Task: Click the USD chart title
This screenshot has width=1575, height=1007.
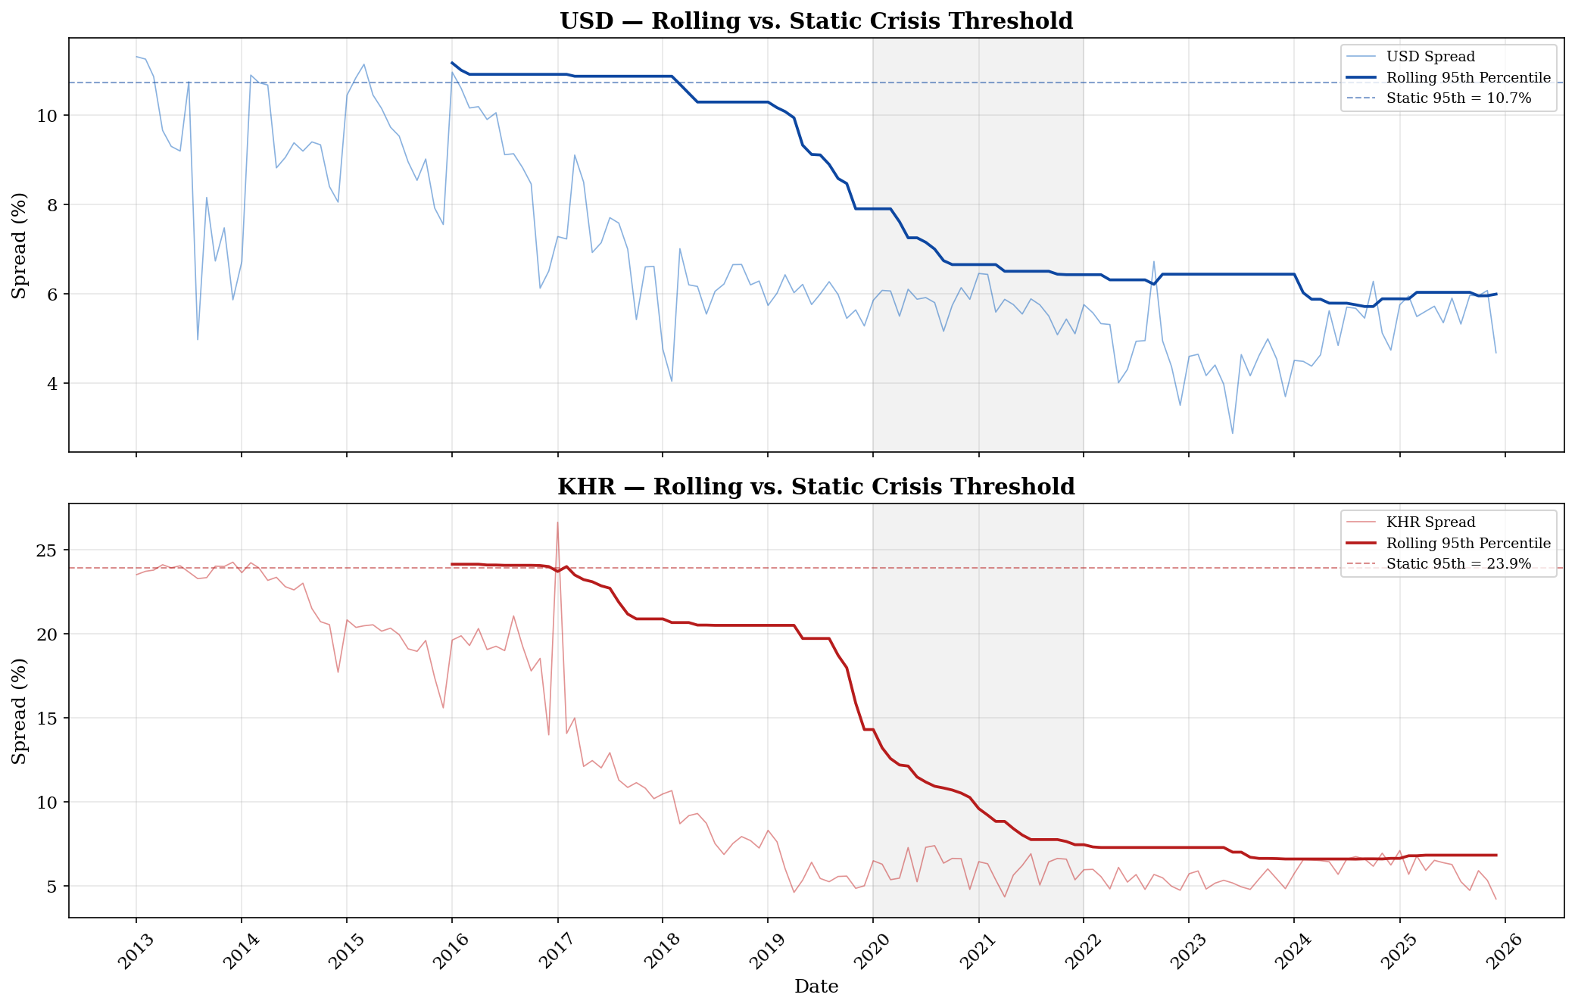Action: click(x=816, y=21)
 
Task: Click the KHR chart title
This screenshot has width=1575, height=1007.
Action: click(x=816, y=487)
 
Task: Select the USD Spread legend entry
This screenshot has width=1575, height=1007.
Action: click(x=1430, y=57)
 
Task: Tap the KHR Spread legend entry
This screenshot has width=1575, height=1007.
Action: click(x=1430, y=522)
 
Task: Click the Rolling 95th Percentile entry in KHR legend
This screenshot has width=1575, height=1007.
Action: click(x=1468, y=544)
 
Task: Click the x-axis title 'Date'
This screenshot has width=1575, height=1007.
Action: click(x=816, y=987)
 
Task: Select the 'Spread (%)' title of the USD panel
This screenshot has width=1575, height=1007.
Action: click(x=20, y=245)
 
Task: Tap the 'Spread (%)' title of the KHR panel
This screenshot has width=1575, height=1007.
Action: click(x=20, y=711)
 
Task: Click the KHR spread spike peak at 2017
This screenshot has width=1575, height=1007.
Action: click(x=557, y=522)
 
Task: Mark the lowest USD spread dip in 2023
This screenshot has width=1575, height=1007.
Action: click(x=1233, y=433)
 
